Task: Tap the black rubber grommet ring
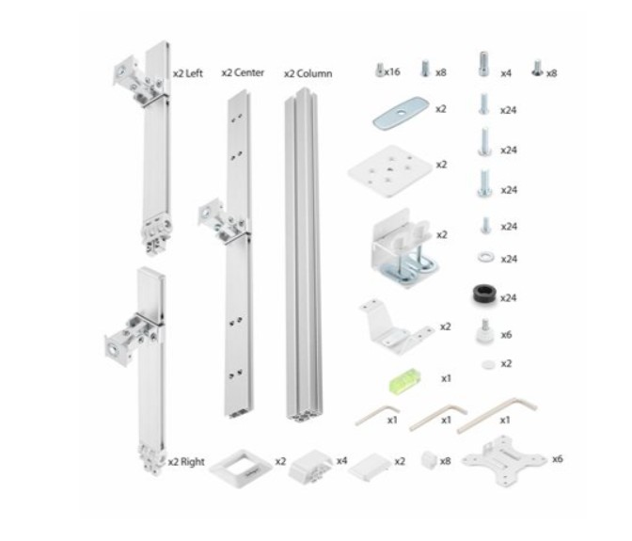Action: coord(484,294)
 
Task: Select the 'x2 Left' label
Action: coord(188,73)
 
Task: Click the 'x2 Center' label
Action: coord(243,73)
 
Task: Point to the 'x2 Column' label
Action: coord(308,73)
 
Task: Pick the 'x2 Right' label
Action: coord(186,462)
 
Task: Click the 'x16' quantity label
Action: coord(392,72)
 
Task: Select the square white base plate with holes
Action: coord(390,170)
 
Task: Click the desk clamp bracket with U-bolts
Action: coord(403,248)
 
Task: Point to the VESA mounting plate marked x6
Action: coord(504,461)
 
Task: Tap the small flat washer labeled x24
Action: coord(485,257)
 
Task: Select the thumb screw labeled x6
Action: coord(485,331)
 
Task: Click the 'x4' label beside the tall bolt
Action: coord(506,73)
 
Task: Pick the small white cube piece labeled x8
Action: coord(429,460)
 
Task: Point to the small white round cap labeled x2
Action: coord(488,364)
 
